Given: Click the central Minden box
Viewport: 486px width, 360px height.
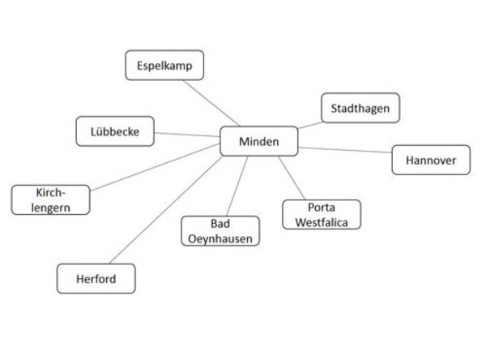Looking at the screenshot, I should coord(259,141).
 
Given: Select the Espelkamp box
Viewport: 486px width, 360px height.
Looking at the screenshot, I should coord(164,66).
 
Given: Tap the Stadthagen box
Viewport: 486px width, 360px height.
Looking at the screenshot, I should coord(360,108).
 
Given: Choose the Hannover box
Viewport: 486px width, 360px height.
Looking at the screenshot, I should coord(430,160).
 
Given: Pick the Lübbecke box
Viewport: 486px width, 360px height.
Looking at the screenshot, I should coord(115,131).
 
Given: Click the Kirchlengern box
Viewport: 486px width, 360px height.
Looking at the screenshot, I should coord(50,199).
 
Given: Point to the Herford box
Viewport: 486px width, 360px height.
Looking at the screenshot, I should coord(96,279).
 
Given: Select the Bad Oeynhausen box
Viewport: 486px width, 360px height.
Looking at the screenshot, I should coord(220,230).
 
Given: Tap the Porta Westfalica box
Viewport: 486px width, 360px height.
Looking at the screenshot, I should coord(322,213).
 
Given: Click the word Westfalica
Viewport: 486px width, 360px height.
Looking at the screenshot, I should coord(322,220).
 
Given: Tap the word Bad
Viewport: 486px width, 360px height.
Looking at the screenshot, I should coord(220,224).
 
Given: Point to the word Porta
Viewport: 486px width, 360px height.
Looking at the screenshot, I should coord(322,206).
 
